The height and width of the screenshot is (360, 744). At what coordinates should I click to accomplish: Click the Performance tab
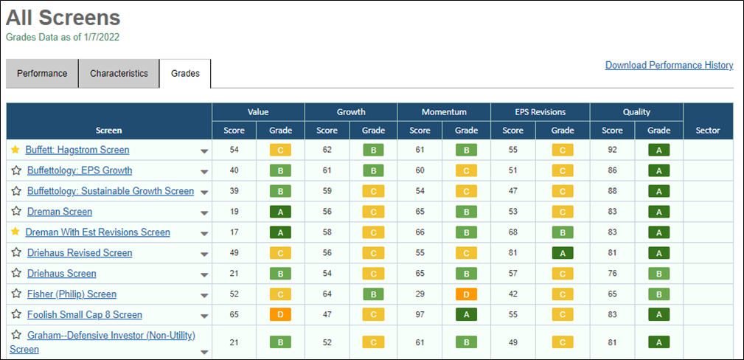[x=42, y=74]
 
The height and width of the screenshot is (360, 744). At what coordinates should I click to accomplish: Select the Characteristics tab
[x=119, y=74]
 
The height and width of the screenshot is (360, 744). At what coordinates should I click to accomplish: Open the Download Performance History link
[x=669, y=65]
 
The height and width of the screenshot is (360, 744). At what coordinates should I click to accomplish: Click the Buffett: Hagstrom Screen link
[x=77, y=150]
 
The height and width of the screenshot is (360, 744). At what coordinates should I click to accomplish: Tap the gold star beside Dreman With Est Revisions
[x=15, y=232]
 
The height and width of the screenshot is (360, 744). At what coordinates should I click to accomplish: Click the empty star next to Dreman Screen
[x=17, y=211]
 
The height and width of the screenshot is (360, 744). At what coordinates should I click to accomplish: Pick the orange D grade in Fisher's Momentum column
[x=467, y=294]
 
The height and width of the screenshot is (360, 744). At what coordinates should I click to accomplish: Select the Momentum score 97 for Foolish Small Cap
[x=420, y=314]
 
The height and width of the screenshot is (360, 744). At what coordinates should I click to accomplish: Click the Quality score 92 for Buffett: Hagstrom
[x=612, y=150]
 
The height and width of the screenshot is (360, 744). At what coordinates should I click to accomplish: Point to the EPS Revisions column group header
[x=540, y=112]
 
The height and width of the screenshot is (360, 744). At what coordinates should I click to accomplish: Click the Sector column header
[x=708, y=130]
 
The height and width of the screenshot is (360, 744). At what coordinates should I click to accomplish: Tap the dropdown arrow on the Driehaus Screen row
[x=204, y=275]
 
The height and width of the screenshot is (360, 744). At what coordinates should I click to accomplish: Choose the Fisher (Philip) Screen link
[x=72, y=294]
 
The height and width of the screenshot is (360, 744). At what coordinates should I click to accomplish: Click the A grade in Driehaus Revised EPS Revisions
[x=563, y=253]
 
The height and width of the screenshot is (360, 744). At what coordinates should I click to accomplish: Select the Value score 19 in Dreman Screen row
[x=234, y=211]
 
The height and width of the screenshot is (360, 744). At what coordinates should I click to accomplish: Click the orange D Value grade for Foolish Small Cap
[x=280, y=314]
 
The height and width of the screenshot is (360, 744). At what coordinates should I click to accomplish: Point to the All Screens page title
[x=63, y=18]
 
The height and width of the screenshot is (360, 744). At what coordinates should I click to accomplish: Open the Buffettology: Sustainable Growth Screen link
[x=111, y=191]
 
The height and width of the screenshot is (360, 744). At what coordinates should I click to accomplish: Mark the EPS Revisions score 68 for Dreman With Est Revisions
[x=513, y=232]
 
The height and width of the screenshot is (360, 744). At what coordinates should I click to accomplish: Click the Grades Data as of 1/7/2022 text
[x=63, y=37]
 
